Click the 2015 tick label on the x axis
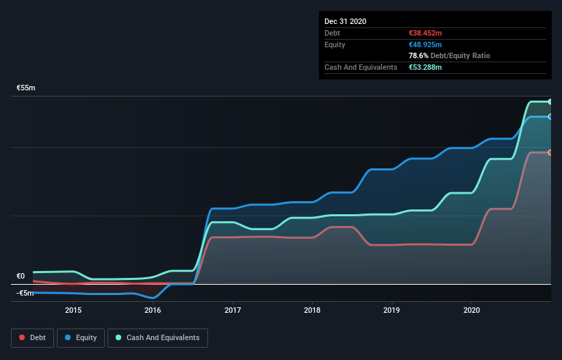click(x=73, y=309)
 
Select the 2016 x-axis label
click(x=153, y=309)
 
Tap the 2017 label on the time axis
click(x=233, y=309)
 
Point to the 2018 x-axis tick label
click(x=312, y=309)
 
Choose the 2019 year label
click(x=392, y=309)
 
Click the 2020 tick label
click(x=472, y=309)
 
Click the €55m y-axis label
click(x=26, y=88)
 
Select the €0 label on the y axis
click(x=21, y=276)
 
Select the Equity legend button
click(x=81, y=337)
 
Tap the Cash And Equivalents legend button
click(x=157, y=337)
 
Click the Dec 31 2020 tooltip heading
click(x=345, y=21)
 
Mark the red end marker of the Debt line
click(x=550, y=153)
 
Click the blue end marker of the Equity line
click(x=550, y=116)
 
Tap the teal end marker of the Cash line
click(x=550, y=101)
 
